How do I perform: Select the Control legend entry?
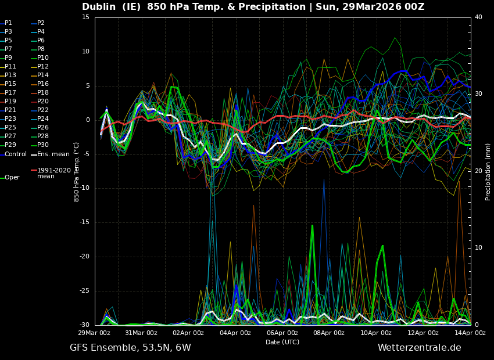16,154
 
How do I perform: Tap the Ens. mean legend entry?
53,154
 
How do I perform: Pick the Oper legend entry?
12,178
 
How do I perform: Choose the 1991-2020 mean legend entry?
53,173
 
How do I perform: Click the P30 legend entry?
43,145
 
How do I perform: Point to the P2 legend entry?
41,23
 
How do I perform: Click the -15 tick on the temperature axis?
85,222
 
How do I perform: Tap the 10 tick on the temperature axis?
86,52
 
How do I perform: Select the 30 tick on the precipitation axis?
478,94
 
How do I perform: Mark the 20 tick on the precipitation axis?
478,171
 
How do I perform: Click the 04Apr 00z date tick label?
235,333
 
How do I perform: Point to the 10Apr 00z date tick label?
376,333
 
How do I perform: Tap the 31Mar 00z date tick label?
141,333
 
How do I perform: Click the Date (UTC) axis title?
282,342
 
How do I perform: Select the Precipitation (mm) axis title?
488,172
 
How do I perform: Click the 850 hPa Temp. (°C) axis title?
76,171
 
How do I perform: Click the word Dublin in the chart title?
100,7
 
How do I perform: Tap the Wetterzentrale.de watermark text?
419,348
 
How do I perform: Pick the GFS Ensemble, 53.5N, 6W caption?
130,348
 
